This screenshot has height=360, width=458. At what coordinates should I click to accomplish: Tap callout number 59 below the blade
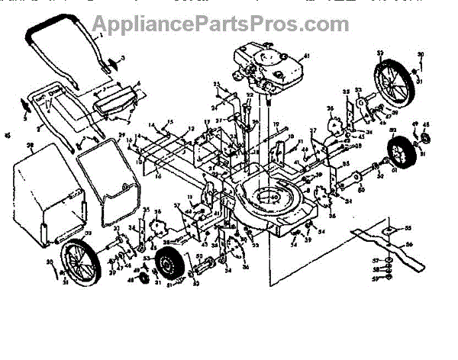click(x=375, y=279)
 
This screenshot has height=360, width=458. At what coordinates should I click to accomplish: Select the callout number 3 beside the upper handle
click(x=123, y=59)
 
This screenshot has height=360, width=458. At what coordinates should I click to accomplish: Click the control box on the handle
click(x=114, y=99)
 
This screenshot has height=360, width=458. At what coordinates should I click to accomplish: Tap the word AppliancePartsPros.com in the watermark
click(x=228, y=23)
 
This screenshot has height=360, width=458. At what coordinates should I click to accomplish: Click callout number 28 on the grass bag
click(x=30, y=144)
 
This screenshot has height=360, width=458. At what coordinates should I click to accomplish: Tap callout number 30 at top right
click(x=419, y=54)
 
